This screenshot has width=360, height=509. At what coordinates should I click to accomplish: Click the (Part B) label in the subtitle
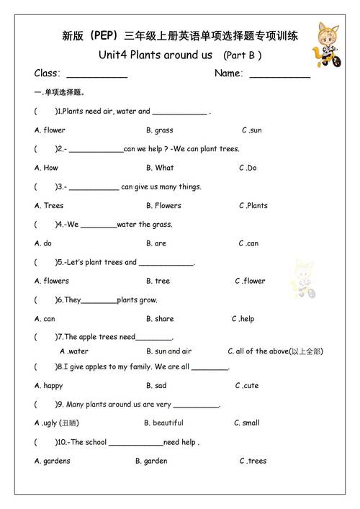(242, 55)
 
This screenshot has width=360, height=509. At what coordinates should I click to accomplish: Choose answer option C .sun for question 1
(252, 130)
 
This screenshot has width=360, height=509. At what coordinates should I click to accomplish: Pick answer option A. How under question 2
(46, 168)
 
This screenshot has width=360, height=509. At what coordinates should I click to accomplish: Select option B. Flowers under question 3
(163, 205)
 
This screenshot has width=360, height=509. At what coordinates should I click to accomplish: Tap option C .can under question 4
(248, 243)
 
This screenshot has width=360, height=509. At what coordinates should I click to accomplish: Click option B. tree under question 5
(158, 281)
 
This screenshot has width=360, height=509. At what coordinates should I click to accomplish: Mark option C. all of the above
(275, 351)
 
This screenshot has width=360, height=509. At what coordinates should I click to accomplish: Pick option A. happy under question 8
(48, 385)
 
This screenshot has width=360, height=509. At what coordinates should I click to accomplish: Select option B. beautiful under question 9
(163, 423)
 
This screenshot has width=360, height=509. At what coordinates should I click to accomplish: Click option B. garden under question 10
(151, 461)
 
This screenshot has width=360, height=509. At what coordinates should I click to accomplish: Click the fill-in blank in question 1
(179, 112)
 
